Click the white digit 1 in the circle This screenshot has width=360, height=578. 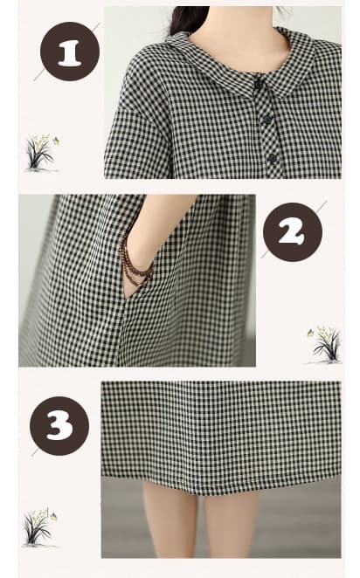70,53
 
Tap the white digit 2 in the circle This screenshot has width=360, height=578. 292,233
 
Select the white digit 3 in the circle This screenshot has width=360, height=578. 59,426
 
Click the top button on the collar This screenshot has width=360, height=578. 258,85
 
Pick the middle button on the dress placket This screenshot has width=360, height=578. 267,120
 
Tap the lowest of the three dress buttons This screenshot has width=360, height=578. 273,159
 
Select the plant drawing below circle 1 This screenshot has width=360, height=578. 41,154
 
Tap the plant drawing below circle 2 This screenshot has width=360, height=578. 324,344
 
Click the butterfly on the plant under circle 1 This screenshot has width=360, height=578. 57,140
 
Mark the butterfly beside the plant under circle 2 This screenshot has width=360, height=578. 310,333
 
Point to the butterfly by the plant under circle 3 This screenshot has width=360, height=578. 54,515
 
